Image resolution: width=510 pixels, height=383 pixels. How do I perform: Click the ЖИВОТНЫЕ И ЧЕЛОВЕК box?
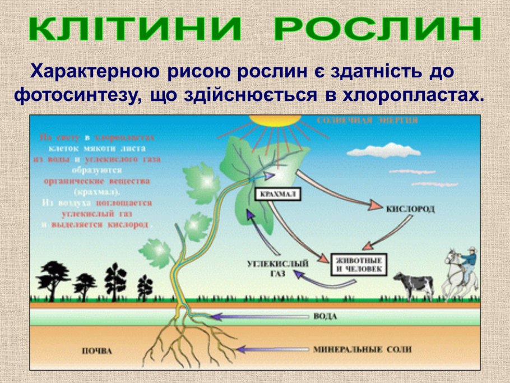(x=359, y=265)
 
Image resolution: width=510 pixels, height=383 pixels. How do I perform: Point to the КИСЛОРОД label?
(x=410, y=209)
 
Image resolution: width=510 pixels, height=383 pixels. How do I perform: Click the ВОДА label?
(x=325, y=317)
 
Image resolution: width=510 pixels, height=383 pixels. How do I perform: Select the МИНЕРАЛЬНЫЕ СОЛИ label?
(x=362, y=349)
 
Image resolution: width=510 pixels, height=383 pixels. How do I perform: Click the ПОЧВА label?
(x=97, y=352)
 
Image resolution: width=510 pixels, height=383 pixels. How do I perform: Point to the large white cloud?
(x=383, y=150)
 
